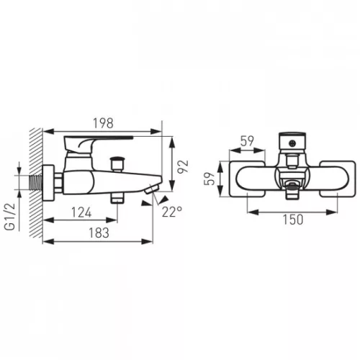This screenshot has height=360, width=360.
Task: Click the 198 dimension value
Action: pos(103,123)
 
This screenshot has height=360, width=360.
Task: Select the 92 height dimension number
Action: pos(183,166)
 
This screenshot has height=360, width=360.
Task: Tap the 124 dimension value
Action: pos(81,212)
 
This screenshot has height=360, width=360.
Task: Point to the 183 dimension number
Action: pos(99,233)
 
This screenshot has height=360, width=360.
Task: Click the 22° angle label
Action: pos(172,212)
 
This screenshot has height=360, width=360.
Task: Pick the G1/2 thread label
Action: pos(10,217)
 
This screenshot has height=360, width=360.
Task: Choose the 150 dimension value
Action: pos(293,220)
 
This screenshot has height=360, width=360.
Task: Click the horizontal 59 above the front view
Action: pos(247,141)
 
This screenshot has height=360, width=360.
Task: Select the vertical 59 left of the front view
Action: pos(209,179)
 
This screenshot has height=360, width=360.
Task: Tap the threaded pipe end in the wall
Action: pos(36,182)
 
